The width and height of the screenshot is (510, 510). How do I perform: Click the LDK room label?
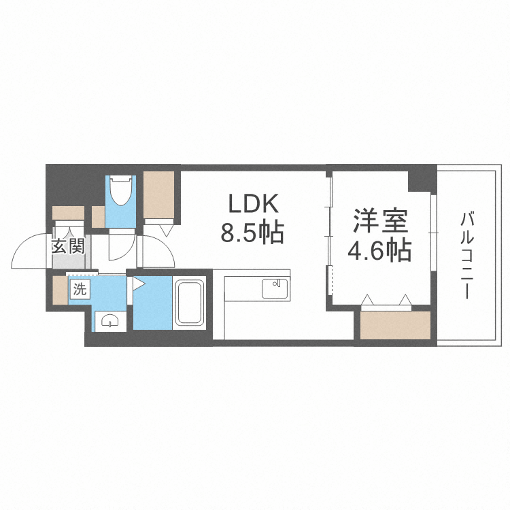(x=254, y=203)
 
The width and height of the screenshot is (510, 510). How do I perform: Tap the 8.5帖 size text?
(x=252, y=233)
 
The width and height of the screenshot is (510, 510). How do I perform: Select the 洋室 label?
(x=381, y=221)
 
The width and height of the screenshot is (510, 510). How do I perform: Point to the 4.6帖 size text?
(x=380, y=251)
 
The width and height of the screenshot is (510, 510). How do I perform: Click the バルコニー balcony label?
(x=467, y=256)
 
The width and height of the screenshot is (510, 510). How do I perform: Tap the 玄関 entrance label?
(x=68, y=246)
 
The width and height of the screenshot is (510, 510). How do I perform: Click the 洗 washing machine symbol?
(x=80, y=289)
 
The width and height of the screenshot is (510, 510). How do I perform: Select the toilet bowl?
(x=120, y=191)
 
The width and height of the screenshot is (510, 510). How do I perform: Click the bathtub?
(x=189, y=303)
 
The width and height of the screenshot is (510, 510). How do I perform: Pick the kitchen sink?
(x=275, y=288)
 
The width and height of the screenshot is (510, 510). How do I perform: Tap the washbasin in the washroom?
(x=110, y=321)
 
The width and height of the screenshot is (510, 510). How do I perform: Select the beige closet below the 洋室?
(x=395, y=325)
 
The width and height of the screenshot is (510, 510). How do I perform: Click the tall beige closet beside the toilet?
(x=158, y=195)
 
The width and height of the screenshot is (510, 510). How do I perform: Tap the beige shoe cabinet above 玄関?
(x=68, y=213)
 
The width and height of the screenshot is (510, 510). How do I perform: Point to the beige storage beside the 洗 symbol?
(x=60, y=290)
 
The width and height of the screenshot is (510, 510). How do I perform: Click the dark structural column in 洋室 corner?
(x=422, y=179)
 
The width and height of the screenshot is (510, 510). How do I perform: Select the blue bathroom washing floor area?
(x=152, y=303)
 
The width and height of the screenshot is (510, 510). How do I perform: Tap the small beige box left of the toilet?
(x=98, y=217)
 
